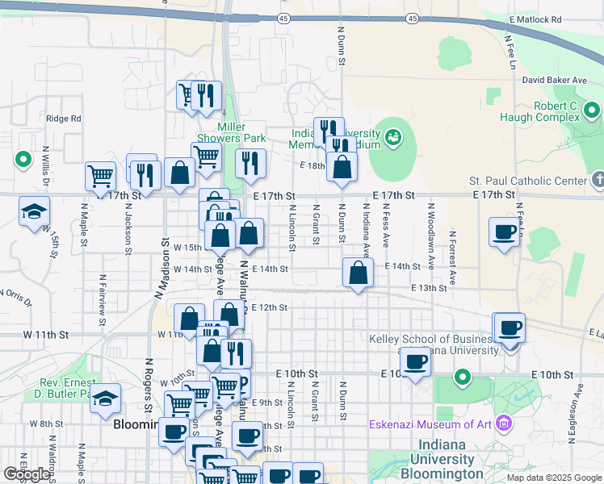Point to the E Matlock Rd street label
(535, 19)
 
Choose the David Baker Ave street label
(554, 81)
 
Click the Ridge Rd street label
(64, 119)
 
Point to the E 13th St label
(429, 288)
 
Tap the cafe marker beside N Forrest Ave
(505, 232)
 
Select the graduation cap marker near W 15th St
(34, 212)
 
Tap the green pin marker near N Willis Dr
(23, 159)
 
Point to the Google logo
(26, 474)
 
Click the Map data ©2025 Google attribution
(554, 478)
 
